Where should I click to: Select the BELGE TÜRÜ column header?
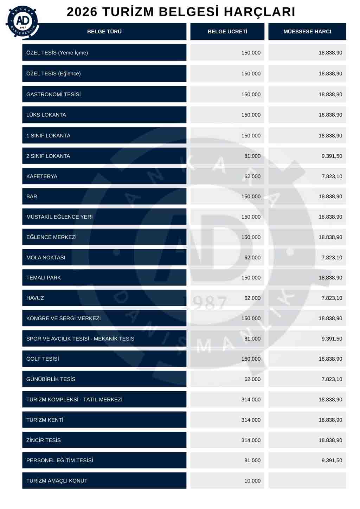pyautogui.click(x=104, y=32)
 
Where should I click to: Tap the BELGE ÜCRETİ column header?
pyautogui.click(x=227, y=32)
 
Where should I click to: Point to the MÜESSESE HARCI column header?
pyautogui.click(x=307, y=32)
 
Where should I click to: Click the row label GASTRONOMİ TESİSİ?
pyautogui.click(x=53, y=95)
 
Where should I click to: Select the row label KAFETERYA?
pyautogui.click(x=42, y=176)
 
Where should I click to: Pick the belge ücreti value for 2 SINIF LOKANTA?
pyautogui.click(x=252, y=156)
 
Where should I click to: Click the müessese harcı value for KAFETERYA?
pyautogui.click(x=332, y=176)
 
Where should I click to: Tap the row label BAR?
pyautogui.click(x=32, y=196)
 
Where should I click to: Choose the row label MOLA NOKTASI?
pyautogui.click(x=46, y=258)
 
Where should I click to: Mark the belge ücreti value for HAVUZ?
pyautogui.click(x=252, y=298)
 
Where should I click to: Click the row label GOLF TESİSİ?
pyautogui.click(x=43, y=359)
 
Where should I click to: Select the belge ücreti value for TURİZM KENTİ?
pyautogui.click(x=251, y=420)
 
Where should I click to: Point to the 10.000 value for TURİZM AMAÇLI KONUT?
pyautogui.click(x=252, y=481)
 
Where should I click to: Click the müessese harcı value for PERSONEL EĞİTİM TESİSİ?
pyautogui.click(x=332, y=460)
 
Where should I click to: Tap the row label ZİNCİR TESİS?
pyautogui.click(x=44, y=440)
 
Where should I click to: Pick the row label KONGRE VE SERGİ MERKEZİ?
pyautogui.click(x=63, y=318)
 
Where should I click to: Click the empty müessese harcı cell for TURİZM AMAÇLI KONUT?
pyautogui.click(x=307, y=481)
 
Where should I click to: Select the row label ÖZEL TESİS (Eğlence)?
pyautogui.click(x=53, y=74)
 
